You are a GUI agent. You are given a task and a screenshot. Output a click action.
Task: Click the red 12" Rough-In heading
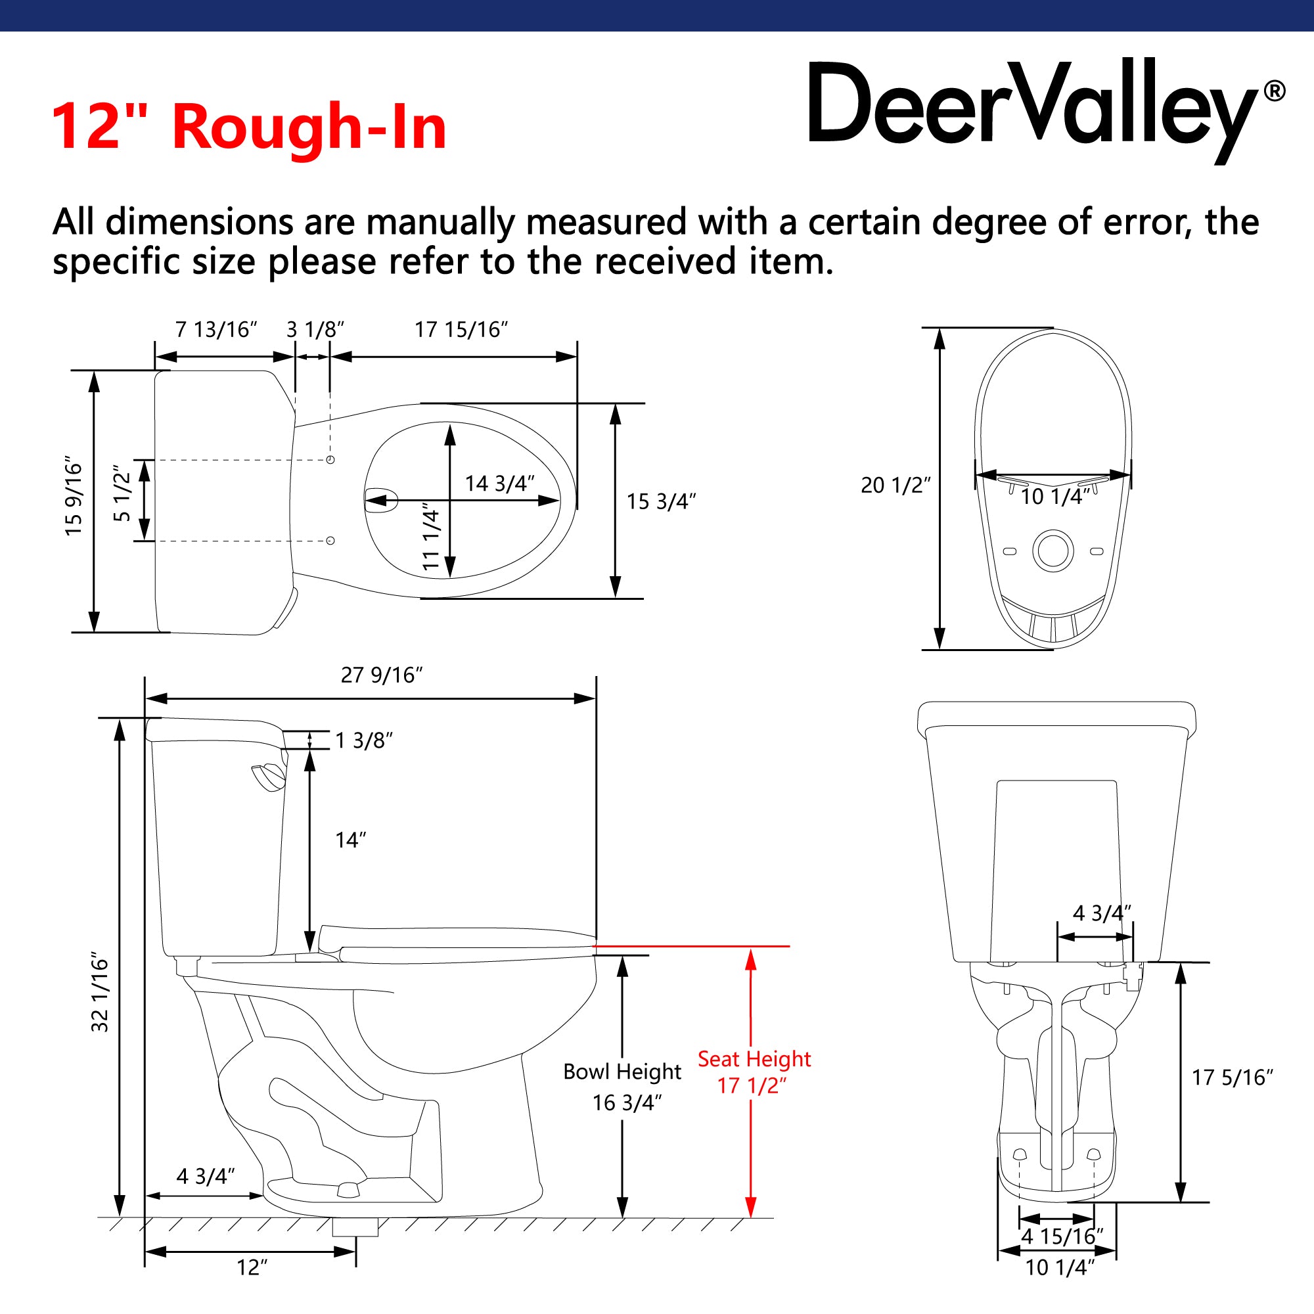[x=249, y=127]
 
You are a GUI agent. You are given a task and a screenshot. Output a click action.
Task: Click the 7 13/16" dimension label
[x=216, y=330]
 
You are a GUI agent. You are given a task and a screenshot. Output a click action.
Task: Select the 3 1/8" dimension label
[x=315, y=330]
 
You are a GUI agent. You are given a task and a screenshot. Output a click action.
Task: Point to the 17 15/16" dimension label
[x=461, y=330]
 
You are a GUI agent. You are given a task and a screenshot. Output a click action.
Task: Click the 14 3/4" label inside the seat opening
[x=499, y=484]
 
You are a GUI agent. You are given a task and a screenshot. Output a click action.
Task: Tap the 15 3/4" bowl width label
[x=660, y=501]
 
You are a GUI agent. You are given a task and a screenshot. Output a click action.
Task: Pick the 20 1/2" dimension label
[x=895, y=485]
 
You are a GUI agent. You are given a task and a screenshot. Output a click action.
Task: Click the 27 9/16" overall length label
[x=382, y=675]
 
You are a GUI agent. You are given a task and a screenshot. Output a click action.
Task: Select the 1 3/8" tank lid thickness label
[x=364, y=740]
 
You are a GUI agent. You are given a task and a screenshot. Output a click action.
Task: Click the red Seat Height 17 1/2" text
[x=754, y=1072]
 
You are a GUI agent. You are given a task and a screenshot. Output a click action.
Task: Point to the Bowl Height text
[x=622, y=1072]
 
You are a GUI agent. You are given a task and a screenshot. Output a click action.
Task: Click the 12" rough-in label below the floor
[x=252, y=1268]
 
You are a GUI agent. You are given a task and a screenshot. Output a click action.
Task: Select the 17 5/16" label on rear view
[x=1232, y=1077]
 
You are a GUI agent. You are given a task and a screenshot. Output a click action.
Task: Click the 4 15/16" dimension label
[x=1062, y=1236]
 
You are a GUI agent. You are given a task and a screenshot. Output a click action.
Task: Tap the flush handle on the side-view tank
[x=269, y=777]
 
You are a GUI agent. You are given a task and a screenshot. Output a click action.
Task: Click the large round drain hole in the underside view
[x=1053, y=550]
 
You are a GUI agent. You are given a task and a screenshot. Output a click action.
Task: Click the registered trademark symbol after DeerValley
[x=1274, y=91]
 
